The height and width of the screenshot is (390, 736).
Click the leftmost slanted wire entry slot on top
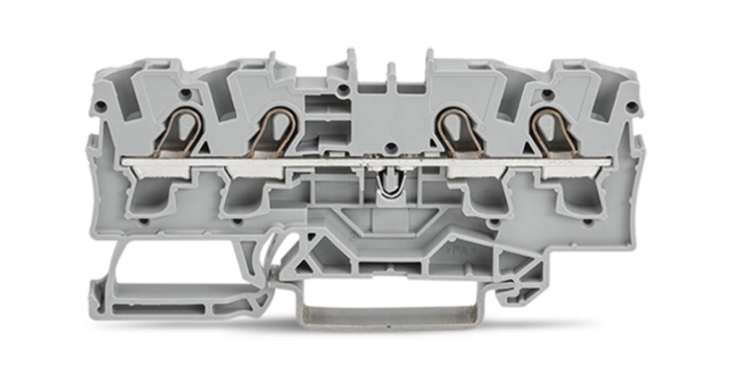149,95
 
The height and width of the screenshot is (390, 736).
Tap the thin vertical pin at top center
390,74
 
